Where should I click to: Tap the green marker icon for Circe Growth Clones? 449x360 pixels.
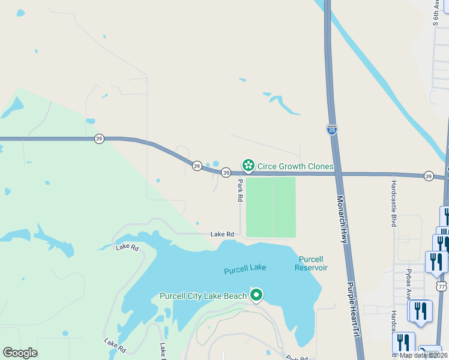247,165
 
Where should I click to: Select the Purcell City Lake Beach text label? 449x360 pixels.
203,296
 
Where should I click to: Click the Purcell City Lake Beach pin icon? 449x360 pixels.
256,295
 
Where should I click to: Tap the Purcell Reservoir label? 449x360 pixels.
311,263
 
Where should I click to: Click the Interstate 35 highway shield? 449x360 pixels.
332,129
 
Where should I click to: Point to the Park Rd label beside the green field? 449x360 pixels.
240,190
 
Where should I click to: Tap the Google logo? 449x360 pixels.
20,353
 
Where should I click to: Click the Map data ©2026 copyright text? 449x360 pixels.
423,355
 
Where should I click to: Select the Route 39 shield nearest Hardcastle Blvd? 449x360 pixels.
428,176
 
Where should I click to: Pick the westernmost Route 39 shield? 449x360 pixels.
99,139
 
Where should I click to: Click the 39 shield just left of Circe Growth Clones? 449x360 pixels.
226,172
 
